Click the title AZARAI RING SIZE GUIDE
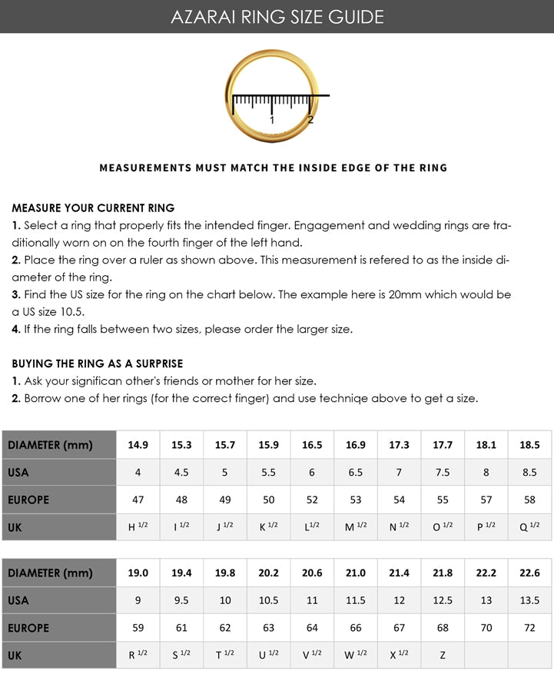(x=277, y=16)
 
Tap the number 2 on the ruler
(x=310, y=119)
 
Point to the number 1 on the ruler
(x=272, y=120)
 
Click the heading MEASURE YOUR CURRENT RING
(x=93, y=208)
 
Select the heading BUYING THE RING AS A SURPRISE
(x=98, y=363)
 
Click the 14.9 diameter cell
(x=138, y=445)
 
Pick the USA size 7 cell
(x=399, y=473)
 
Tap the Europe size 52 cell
(x=312, y=500)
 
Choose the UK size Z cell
(x=443, y=655)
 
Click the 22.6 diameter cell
(x=529, y=573)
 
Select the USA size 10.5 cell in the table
(x=268, y=600)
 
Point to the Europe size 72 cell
(x=529, y=628)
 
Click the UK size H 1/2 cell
(x=138, y=526)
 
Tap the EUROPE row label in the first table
(x=28, y=500)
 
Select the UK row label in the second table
(x=15, y=655)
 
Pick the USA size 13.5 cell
(x=529, y=600)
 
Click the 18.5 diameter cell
(x=529, y=445)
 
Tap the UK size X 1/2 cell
(x=399, y=655)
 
